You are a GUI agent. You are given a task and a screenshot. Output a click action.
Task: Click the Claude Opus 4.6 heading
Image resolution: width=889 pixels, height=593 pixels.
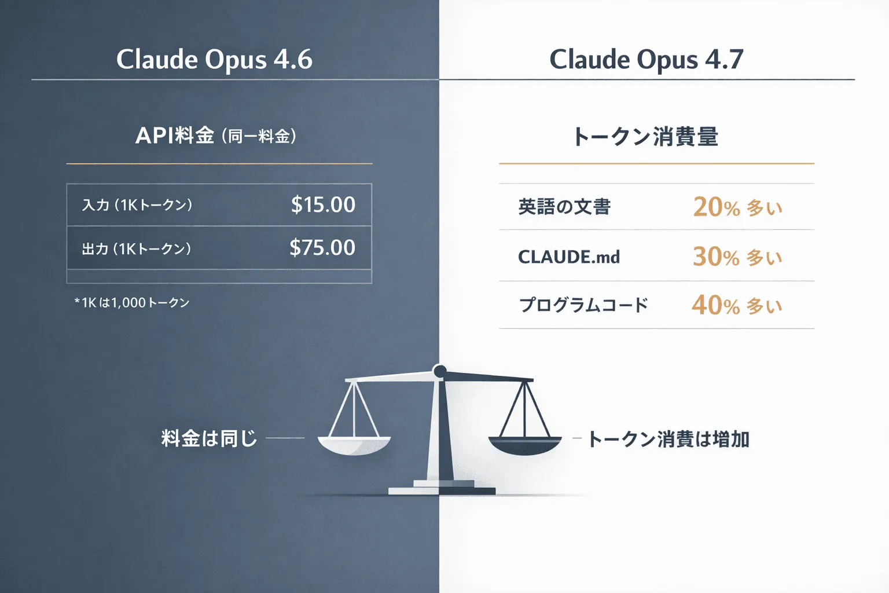(x=214, y=59)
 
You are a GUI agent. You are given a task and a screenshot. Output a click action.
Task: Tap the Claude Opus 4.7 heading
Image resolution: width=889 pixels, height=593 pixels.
(x=646, y=59)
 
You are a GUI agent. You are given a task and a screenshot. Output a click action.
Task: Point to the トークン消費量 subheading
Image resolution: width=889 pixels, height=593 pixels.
(x=645, y=137)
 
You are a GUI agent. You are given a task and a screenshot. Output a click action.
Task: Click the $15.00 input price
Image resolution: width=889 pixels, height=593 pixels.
(x=323, y=204)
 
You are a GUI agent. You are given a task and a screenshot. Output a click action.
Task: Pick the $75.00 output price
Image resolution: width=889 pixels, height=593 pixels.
(x=322, y=247)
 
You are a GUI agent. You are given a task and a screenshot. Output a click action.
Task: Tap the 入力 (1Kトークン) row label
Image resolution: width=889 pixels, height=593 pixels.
(x=137, y=205)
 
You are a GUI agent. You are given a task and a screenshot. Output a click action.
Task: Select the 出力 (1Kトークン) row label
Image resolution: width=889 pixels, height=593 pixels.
(x=136, y=249)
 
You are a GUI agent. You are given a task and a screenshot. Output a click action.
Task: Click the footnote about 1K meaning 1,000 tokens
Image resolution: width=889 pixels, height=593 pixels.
(x=132, y=302)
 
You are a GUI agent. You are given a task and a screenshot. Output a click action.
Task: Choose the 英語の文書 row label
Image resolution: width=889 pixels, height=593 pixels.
(x=564, y=207)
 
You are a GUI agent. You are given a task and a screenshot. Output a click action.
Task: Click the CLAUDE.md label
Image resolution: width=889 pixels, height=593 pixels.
(x=568, y=257)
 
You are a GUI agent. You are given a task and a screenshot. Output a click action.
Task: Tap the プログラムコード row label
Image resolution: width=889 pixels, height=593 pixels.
(x=583, y=305)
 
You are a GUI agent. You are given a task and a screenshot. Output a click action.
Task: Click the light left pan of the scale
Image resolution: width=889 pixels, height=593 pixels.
(x=354, y=444)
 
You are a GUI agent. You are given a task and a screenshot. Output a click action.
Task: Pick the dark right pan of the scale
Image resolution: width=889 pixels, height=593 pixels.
(x=525, y=444)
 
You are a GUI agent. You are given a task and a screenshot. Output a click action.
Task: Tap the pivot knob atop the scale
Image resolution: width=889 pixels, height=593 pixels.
(x=440, y=371)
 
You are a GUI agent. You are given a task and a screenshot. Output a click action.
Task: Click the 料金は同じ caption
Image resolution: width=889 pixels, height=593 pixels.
(x=209, y=438)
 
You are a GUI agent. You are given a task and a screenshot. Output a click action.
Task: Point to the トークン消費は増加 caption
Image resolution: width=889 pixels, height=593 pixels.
(x=668, y=439)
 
